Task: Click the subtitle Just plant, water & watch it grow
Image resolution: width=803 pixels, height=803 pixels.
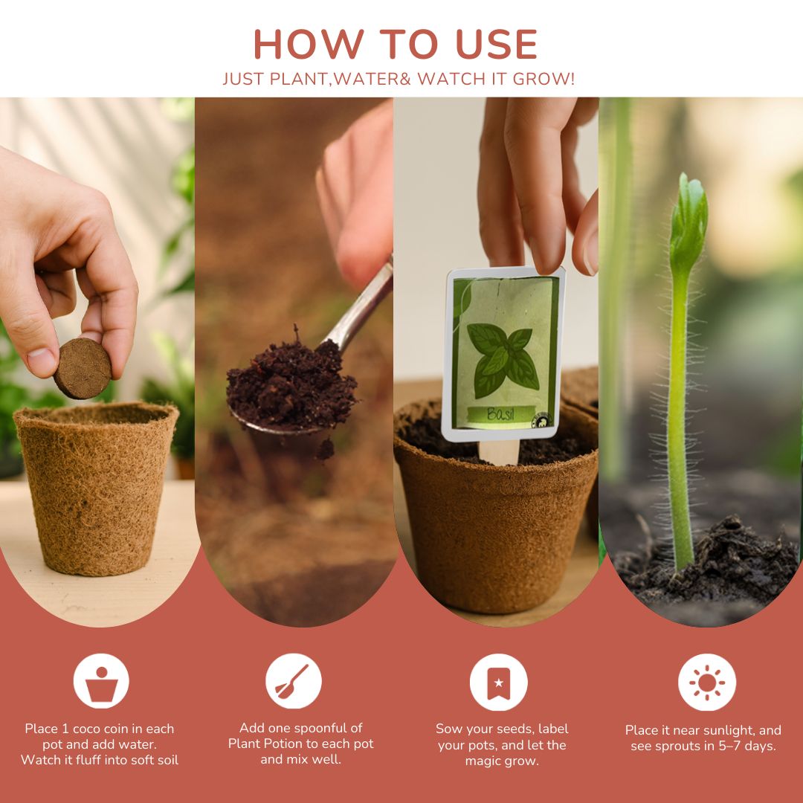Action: pos(399,79)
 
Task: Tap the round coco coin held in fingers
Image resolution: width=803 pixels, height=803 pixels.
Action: pos(82,368)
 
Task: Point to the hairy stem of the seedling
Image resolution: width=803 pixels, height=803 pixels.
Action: pos(678,416)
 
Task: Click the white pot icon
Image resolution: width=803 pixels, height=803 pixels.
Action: pos(101,681)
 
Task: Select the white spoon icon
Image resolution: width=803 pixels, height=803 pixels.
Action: pos(293,681)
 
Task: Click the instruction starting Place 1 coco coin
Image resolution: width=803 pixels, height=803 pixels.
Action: pos(100,744)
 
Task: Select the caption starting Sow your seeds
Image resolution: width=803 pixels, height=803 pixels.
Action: pos(502,744)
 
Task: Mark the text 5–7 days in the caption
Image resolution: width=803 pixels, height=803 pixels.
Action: pos(744,746)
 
